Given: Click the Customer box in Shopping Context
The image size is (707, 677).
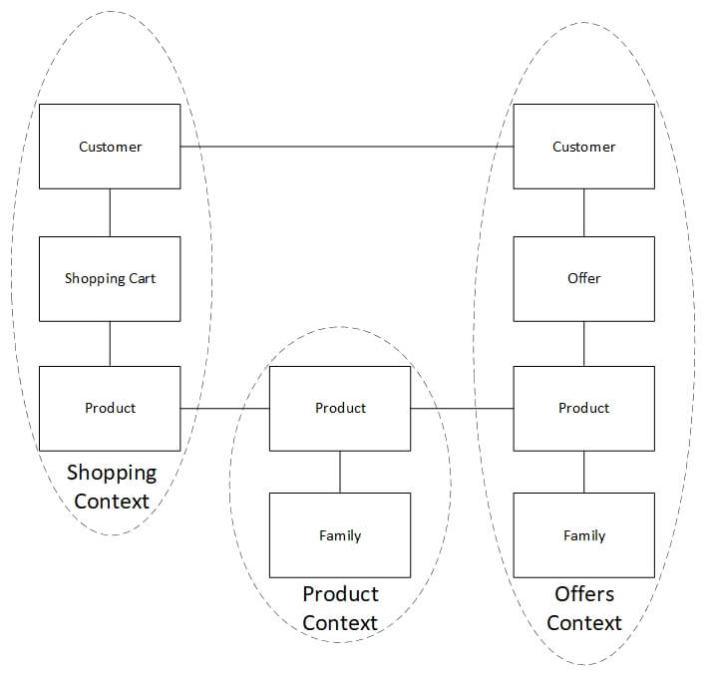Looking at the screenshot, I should click(110, 147).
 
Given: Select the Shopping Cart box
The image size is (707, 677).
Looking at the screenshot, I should click(110, 278).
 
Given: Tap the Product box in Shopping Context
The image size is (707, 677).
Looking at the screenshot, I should click(110, 408).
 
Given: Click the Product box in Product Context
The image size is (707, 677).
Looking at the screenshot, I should click(340, 408).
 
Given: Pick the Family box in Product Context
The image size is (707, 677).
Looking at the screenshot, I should click(340, 535).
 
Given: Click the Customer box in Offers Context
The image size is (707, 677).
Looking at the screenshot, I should click(583, 147).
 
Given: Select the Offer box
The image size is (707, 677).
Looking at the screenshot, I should click(583, 278).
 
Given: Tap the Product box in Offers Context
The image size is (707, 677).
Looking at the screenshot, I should click(583, 408).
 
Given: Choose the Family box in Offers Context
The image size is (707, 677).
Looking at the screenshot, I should click(583, 535).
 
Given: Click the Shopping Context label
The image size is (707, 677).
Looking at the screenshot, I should click(112, 487).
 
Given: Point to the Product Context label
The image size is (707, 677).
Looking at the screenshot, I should click(340, 608).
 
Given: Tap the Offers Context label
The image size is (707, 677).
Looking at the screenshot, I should click(584, 608).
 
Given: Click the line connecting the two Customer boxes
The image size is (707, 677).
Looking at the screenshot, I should click(347, 147).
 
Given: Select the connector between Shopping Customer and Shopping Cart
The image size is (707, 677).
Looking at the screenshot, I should click(110, 212).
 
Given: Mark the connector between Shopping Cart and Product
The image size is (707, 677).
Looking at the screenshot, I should click(110, 343).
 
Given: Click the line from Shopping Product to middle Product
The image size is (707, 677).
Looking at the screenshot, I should click(225, 408).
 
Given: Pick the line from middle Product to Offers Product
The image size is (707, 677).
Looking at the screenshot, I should click(462, 408).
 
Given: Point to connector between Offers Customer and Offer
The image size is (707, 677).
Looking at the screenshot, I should click(583, 212).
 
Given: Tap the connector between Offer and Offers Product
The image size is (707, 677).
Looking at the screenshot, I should click(583, 343).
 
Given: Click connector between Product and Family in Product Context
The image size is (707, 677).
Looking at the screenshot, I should click(340, 472).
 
